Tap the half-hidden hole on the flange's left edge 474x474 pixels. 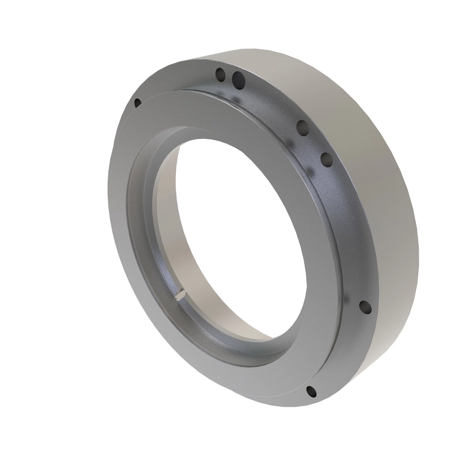(x=137, y=103)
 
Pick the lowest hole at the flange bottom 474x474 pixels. (x=312, y=391)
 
